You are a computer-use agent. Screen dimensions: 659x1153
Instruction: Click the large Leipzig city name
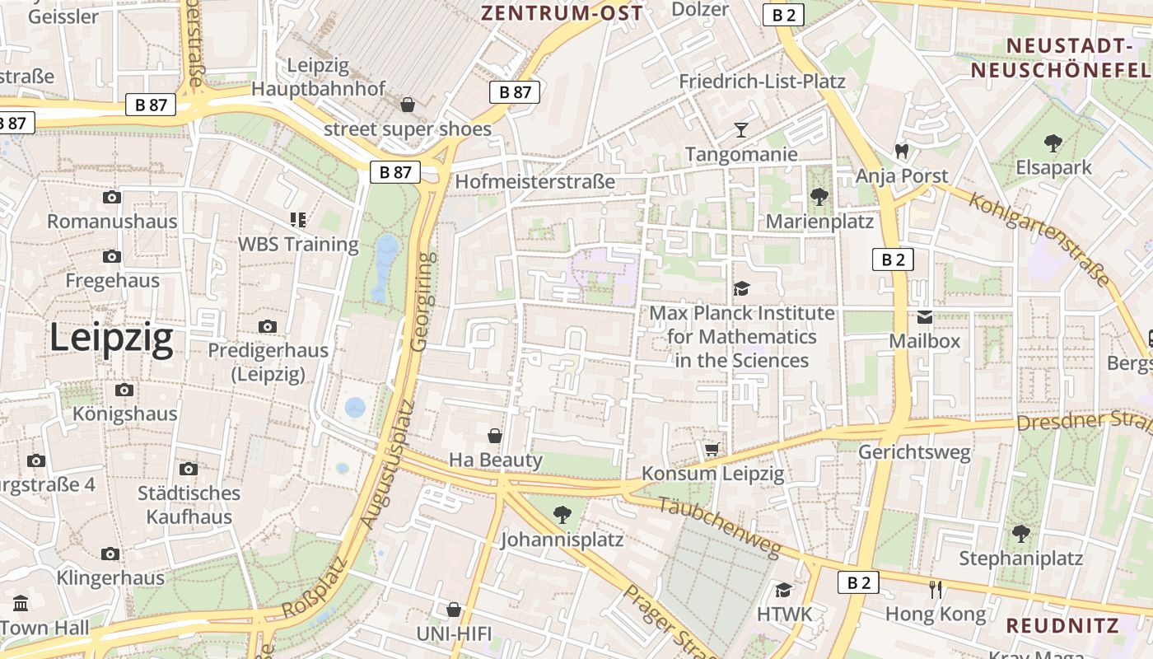111,339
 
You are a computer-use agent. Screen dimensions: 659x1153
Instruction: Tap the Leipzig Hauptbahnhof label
319,77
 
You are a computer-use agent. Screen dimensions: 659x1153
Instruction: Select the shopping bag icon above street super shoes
407,105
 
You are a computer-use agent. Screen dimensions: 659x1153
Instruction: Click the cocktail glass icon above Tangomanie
741,130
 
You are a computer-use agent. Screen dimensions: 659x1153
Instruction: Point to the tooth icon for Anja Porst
901,152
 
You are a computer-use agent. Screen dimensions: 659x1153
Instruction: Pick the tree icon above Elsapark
1053,143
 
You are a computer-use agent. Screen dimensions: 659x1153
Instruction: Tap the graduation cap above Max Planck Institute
741,288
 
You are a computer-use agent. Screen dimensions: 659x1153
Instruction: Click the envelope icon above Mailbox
924,317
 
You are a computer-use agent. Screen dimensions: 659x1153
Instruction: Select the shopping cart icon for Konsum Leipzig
712,449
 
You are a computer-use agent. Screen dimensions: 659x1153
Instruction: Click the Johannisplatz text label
562,540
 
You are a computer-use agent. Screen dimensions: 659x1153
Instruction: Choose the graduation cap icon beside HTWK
783,590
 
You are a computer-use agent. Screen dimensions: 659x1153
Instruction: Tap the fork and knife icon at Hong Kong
935,589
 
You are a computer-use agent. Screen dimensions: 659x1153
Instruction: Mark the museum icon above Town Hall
21,603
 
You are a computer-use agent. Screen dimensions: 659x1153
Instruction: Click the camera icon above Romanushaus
112,197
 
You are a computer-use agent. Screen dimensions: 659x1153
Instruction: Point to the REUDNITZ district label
1062,625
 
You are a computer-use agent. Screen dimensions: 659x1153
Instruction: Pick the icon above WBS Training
297,220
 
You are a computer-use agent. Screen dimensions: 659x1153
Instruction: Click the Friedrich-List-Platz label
762,82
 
